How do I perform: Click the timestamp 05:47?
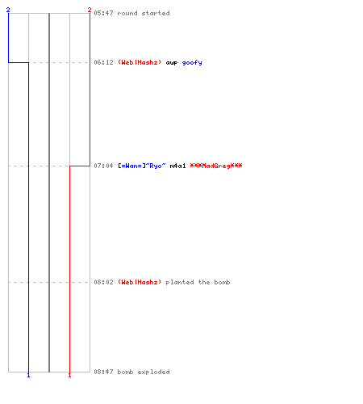(x=103, y=13)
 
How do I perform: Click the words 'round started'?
(x=144, y=13)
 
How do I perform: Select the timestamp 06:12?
(x=103, y=62)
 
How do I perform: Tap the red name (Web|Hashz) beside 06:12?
(x=140, y=62)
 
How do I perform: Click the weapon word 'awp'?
(x=172, y=63)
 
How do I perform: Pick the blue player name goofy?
(x=192, y=63)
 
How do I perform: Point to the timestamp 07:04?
(x=103, y=166)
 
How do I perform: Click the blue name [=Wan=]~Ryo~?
(x=142, y=166)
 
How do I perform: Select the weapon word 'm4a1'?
(x=177, y=166)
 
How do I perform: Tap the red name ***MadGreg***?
(x=216, y=166)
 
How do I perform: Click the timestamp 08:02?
(x=103, y=282)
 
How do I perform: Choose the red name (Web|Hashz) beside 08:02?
(x=140, y=282)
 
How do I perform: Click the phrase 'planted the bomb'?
(x=198, y=282)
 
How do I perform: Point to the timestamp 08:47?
(x=103, y=372)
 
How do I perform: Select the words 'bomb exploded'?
(x=144, y=372)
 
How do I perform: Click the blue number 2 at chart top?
(x=8, y=10)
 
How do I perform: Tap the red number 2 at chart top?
(x=90, y=10)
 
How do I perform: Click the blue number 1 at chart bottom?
(x=28, y=375)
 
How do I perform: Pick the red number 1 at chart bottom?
(x=69, y=375)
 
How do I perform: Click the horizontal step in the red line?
(x=80, y=166)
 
